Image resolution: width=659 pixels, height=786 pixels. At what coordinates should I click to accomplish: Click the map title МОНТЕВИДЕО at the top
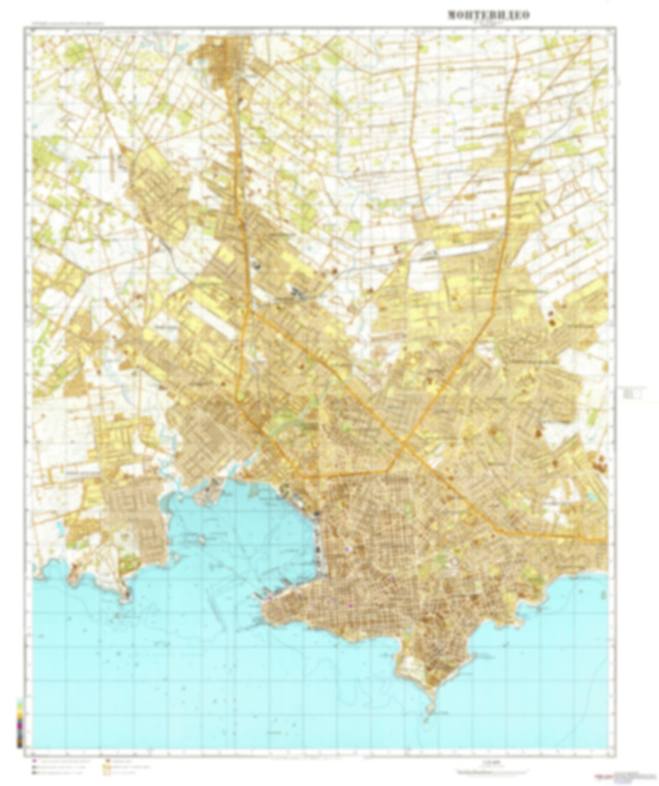[x=488, y=15]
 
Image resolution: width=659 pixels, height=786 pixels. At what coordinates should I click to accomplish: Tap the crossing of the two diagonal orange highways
[x=403, y=441]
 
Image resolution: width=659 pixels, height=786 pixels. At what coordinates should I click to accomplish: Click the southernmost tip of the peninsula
[x=426, y=719]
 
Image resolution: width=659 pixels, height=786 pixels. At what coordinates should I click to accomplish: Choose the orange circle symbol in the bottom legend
[x=106, y=761]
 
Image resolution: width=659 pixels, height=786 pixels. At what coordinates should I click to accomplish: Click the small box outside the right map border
[x=634, y=393]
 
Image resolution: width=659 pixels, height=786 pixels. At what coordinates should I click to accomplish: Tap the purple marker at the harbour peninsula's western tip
[x=270, y=598]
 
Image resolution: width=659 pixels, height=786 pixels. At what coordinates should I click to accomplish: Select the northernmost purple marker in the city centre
[x=347, y=549]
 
